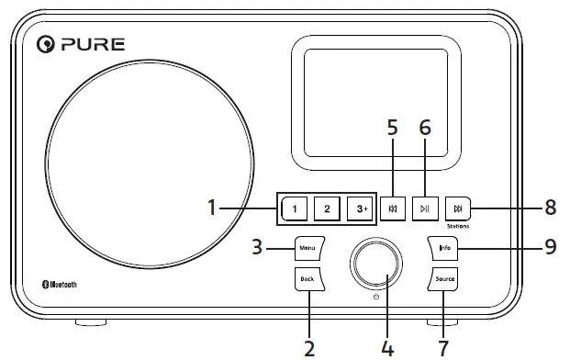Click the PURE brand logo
(x=80, y=43)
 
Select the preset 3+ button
(x=361, y=208)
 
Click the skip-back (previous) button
(x=393, y=208)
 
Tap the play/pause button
(x=424, y=208)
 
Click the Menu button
(x=307, y=247)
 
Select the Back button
(x=307, y=278)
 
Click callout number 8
(x=550, y=208)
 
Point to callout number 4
(x=386, y=348)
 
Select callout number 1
(x=212, y=208)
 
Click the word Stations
(x=456, y=226)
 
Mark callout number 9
(x=550, y=248)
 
